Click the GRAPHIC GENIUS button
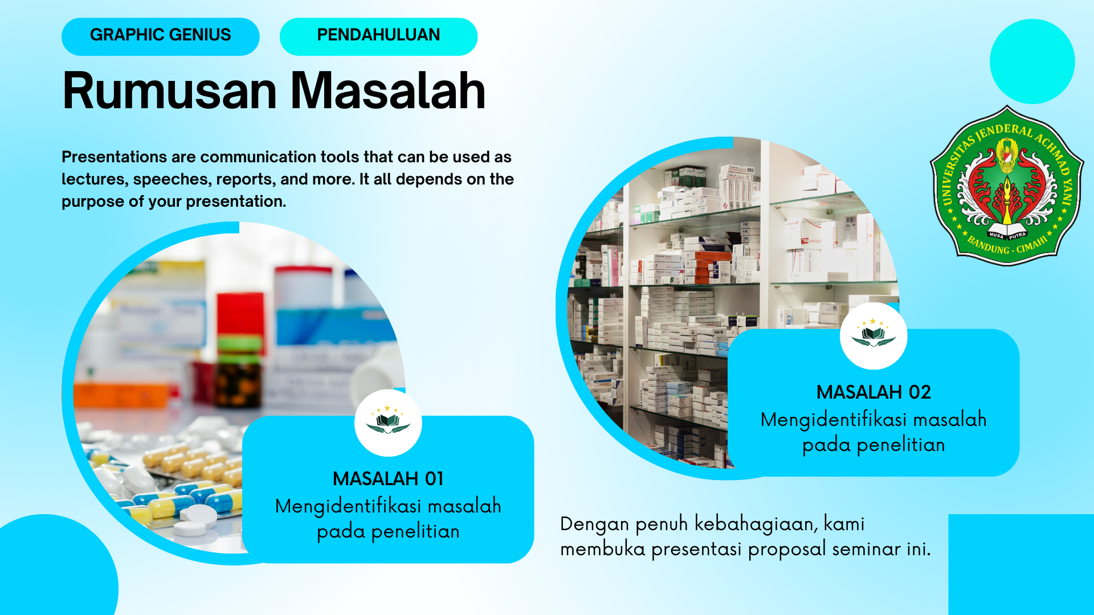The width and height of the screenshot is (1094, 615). coord(160,35)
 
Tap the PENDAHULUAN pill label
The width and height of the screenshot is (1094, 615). coord(378,35)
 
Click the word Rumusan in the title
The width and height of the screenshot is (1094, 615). coord(169,91)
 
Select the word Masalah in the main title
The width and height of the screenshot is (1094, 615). coord(388,91)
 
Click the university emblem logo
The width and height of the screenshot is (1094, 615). coord(1007,186)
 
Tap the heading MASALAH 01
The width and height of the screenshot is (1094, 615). coord(388,479)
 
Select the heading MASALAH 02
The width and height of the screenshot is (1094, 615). coord(873,392)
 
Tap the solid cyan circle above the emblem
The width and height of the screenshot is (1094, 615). coord(1032,61)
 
